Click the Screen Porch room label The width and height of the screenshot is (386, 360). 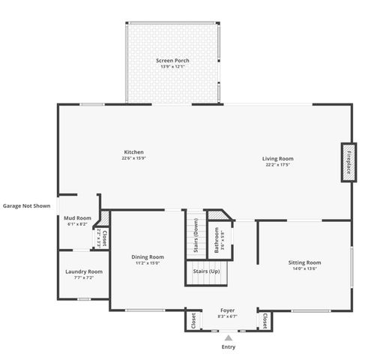click(172, 60)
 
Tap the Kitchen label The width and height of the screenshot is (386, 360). click(133, 152)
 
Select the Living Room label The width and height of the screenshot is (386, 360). click(277, 158)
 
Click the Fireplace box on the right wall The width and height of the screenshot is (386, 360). click(349, 162)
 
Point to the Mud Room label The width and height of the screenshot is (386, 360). click(77, 218)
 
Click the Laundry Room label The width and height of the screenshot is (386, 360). click(84, 271)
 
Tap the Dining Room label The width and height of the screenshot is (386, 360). click(148, 256)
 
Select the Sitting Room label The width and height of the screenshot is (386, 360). click(304, 262)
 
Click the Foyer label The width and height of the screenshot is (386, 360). click(227, 310)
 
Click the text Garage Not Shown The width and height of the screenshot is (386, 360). click(27, 205)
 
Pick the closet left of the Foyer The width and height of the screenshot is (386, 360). click(193, 320)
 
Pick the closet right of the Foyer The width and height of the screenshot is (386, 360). click(264, 320)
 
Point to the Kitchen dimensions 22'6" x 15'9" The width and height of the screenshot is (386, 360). click(133, 158)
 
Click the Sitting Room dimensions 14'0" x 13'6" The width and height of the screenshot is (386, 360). click(304, 269)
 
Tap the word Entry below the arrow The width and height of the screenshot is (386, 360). click(228, 347)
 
